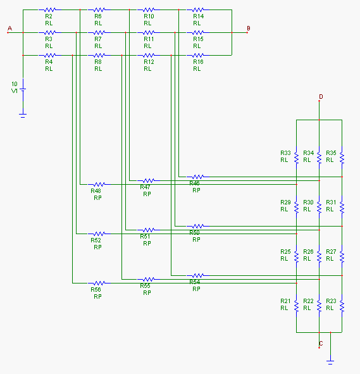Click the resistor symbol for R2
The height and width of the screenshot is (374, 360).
coord(50,9)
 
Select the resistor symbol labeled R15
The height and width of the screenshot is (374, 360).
coord(198,32)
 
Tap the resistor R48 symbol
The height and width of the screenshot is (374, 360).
coord(99,184)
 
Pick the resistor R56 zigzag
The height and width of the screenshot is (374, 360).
coord(99,283)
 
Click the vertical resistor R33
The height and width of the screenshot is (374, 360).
coord(296,158)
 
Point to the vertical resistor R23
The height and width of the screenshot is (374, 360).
coord(342,306)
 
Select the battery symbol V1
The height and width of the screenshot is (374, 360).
coord(23,90)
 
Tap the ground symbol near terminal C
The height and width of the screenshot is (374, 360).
coord(330,360)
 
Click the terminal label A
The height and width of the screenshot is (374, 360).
coord(9,28)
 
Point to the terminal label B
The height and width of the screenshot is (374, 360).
coord(249,28)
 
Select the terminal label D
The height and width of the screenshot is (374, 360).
coord(321,97)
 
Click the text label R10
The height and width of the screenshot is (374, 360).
coord(149,16)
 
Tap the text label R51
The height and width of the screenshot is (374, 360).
coord(145,237)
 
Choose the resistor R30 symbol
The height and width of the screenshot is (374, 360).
coord(319,207)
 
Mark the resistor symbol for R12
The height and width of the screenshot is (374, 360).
coord(149,55)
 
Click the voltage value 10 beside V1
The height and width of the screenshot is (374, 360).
coord(15,84)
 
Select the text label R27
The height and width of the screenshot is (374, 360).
coord(331,252)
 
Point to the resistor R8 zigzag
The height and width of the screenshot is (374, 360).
coord(99,55)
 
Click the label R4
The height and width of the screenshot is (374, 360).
coord(49,62)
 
